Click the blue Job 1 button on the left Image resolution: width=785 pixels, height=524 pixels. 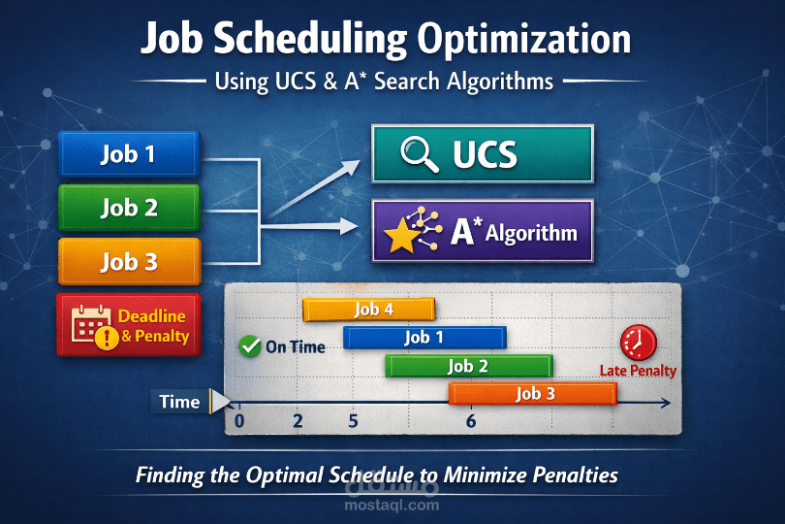[128, 153]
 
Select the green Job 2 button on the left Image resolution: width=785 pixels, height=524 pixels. [128, 207]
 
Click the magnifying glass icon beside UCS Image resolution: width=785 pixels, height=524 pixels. [420, 154]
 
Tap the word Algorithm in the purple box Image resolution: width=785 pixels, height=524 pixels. [531, 234]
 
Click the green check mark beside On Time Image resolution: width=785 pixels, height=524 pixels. [249, 345]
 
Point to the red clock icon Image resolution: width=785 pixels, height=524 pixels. [638, 342]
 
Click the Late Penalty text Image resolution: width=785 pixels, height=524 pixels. [638, 371]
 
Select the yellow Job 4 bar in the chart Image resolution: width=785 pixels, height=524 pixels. [368, 310]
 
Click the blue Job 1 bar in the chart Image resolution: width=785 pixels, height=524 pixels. [424, 338]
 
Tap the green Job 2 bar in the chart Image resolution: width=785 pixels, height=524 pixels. [468, 366]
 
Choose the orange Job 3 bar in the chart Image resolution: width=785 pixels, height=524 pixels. [532, 393]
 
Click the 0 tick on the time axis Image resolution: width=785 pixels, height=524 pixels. [239, 421]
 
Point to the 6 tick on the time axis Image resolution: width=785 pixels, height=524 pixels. [471, 421]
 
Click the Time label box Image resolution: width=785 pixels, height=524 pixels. [179, 402]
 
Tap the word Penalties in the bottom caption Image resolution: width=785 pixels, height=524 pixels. [569, 475]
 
